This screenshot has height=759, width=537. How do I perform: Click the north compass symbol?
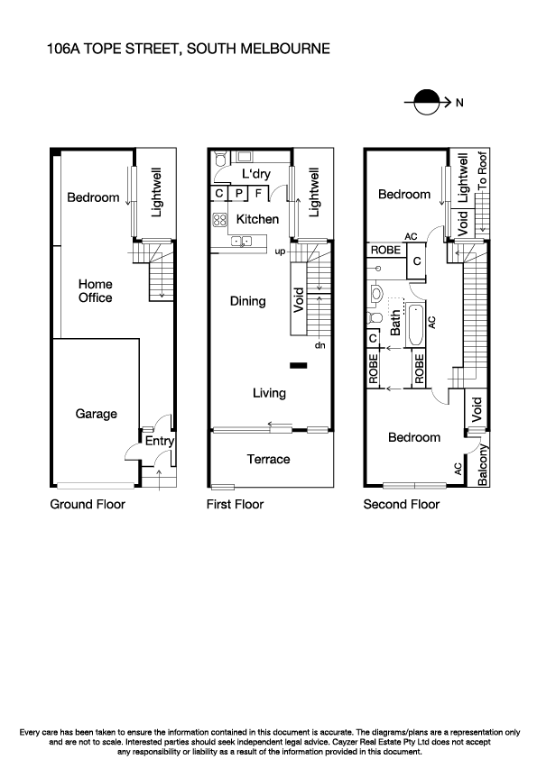tap(426, 103)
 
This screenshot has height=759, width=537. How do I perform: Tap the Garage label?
tap(96, 414)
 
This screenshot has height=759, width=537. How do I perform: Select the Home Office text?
tap(94, 290)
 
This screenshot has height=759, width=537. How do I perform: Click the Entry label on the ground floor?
tap(159, 441)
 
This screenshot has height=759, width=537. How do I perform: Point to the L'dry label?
tap(256, 174)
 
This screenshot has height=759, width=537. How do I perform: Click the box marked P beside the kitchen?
tap(239, 192)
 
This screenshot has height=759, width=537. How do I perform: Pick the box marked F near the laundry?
tap(258, 192)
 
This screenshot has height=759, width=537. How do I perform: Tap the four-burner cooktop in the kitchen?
tap(218, 219)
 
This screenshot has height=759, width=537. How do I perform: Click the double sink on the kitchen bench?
tap(241, 240)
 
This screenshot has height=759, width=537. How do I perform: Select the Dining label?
tap(247, 301)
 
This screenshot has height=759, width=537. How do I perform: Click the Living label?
tap(269, 392)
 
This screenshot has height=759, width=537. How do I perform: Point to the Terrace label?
tap(269, 459)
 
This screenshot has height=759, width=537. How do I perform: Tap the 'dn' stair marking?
tap(319, 344)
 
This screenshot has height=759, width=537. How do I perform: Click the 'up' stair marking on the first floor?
tap(280, 251)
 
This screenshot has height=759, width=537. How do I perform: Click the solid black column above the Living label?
tap(298, 365)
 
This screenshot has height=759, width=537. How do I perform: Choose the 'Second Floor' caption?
tap(401, 504)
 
